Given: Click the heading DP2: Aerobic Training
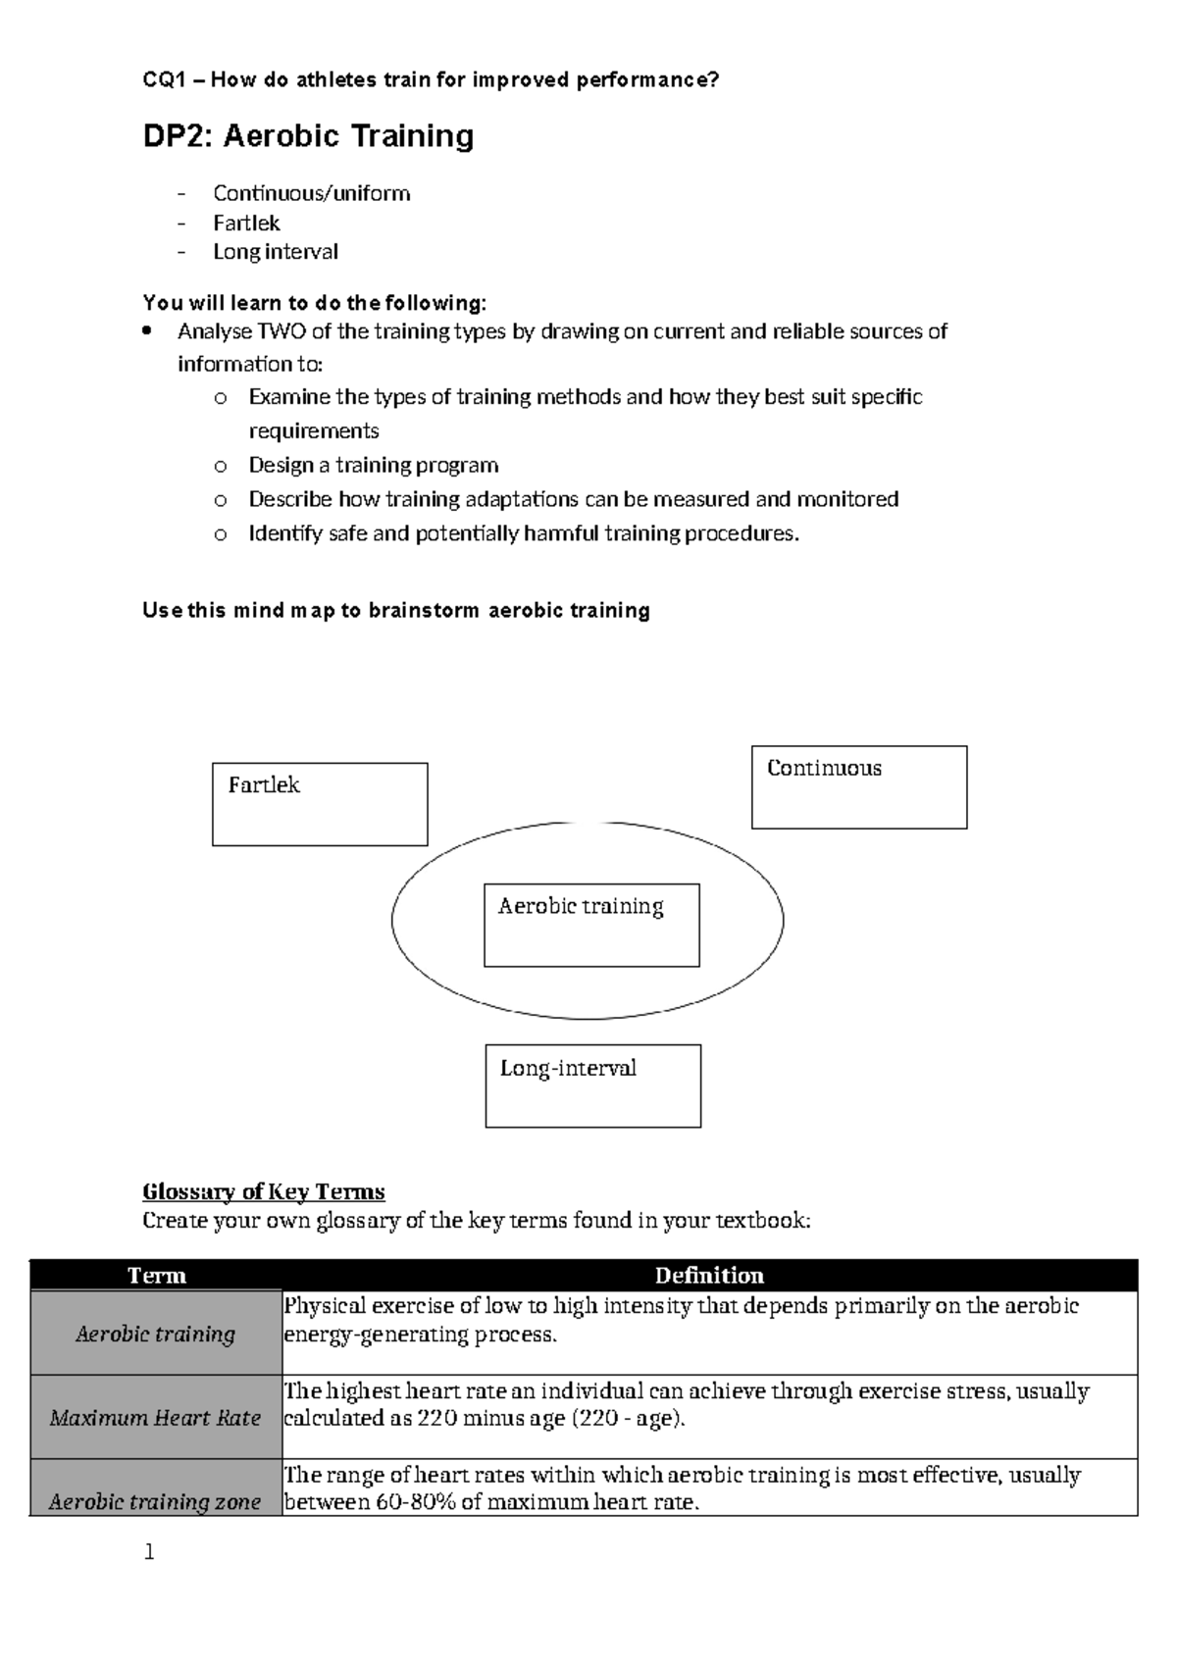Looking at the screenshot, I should pyautogui.click(x=308, y=135).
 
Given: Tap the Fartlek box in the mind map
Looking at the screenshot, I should pyautogui.click(x=320, y=804).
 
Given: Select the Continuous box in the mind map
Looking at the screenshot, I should pyautogui.click(x=858, y=787).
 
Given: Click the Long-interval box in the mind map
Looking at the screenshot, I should pyautogui.click(x=592, y=1085).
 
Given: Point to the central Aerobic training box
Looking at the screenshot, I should pyautogui.click(x=591, y=925).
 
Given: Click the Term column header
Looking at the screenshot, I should pyautogui.click(x=157, y=1275).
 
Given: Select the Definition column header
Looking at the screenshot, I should pyautogui.click(x=708, y=1275).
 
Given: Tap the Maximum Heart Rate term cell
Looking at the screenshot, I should pyautogui.click(x=155, y=1418).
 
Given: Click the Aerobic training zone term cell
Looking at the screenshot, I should pyautogui.click(x=155, y=1501).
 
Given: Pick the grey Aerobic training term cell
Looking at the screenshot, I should pyautogui.click(x=155, y=1334).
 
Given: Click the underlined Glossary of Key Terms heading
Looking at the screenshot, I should pyautogui.click(x=263, y=1191).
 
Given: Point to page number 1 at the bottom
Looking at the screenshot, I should pyautogui.click(x=149, y=1552).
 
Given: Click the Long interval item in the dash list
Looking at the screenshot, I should pyautogui.click(x=276, y=252).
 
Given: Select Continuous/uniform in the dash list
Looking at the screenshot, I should pyautogui.click(x=311, y=193).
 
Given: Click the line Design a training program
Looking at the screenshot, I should pyautogui.click(x=373, y=465).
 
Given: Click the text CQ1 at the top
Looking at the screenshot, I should pyautogui.click(x=164, y=80).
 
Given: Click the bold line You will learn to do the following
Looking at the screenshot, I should pyautogui.click(x=314, y=302).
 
